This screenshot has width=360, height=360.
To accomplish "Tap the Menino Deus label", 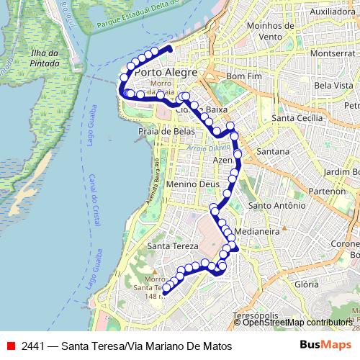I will pyautogui.click(x=187, y=184).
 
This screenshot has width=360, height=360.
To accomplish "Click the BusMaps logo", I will pyautogui.click(x=330, y=346).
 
